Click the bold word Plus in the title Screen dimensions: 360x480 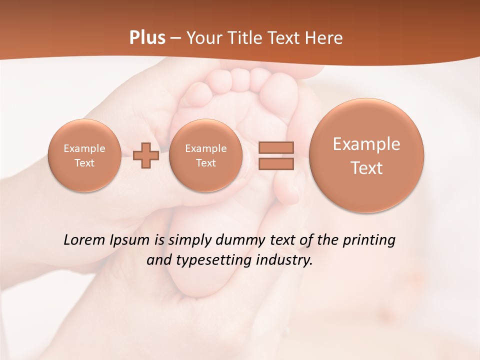(147, 38)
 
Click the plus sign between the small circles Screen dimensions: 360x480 (146, 155)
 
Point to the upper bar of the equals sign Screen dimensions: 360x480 (276, 147)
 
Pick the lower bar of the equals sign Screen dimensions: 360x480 (276, 163)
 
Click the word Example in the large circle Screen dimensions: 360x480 (366, 144)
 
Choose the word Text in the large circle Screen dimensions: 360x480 (366, 168)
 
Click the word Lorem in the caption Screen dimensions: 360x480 (85, 240)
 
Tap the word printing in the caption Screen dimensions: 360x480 (369, 240)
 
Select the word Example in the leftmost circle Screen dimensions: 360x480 (84, 148)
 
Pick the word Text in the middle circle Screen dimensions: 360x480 (205, 163)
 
